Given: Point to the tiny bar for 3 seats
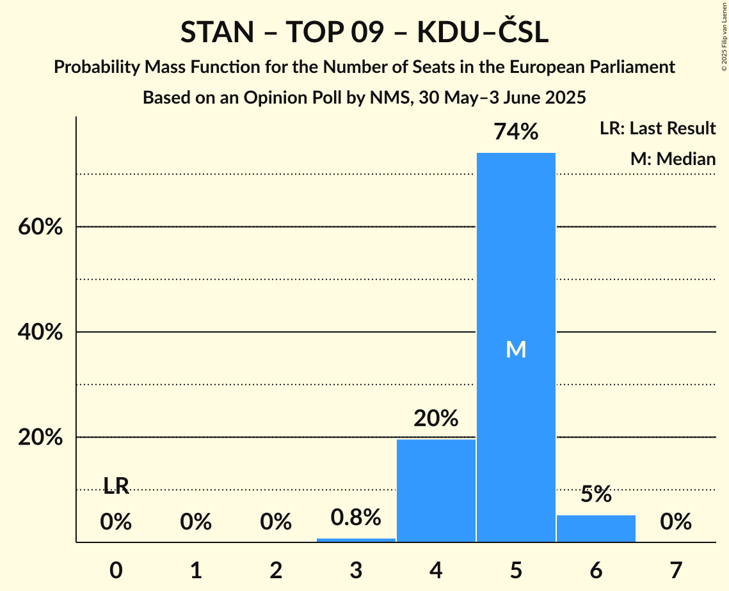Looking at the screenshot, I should [x=356, y=540].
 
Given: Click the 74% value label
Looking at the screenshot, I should [x=516, y=132].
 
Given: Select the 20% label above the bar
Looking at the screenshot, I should [x=436, y=418].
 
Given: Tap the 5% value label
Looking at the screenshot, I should [x=596, y=494].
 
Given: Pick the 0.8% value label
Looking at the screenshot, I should [x=356, y=517].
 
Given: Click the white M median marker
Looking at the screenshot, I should [x=516, y=349].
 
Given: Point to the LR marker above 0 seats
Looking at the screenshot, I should [x=116, y=487].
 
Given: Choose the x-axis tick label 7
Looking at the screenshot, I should [x=676, y=570].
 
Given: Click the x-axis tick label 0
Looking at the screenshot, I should [x=116, y=570].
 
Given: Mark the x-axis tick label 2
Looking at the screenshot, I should [x=276, y=570].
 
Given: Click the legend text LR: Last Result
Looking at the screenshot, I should [x=657, y=129].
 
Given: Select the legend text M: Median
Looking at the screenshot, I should [x=673, y=159].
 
